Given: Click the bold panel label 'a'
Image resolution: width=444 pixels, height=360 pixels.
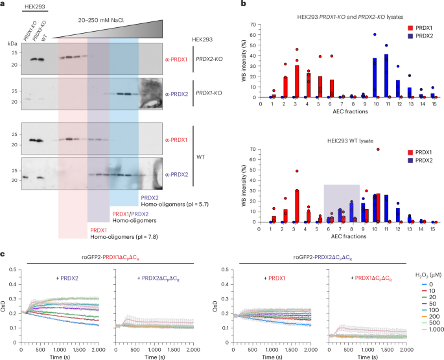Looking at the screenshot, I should (4, 4).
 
